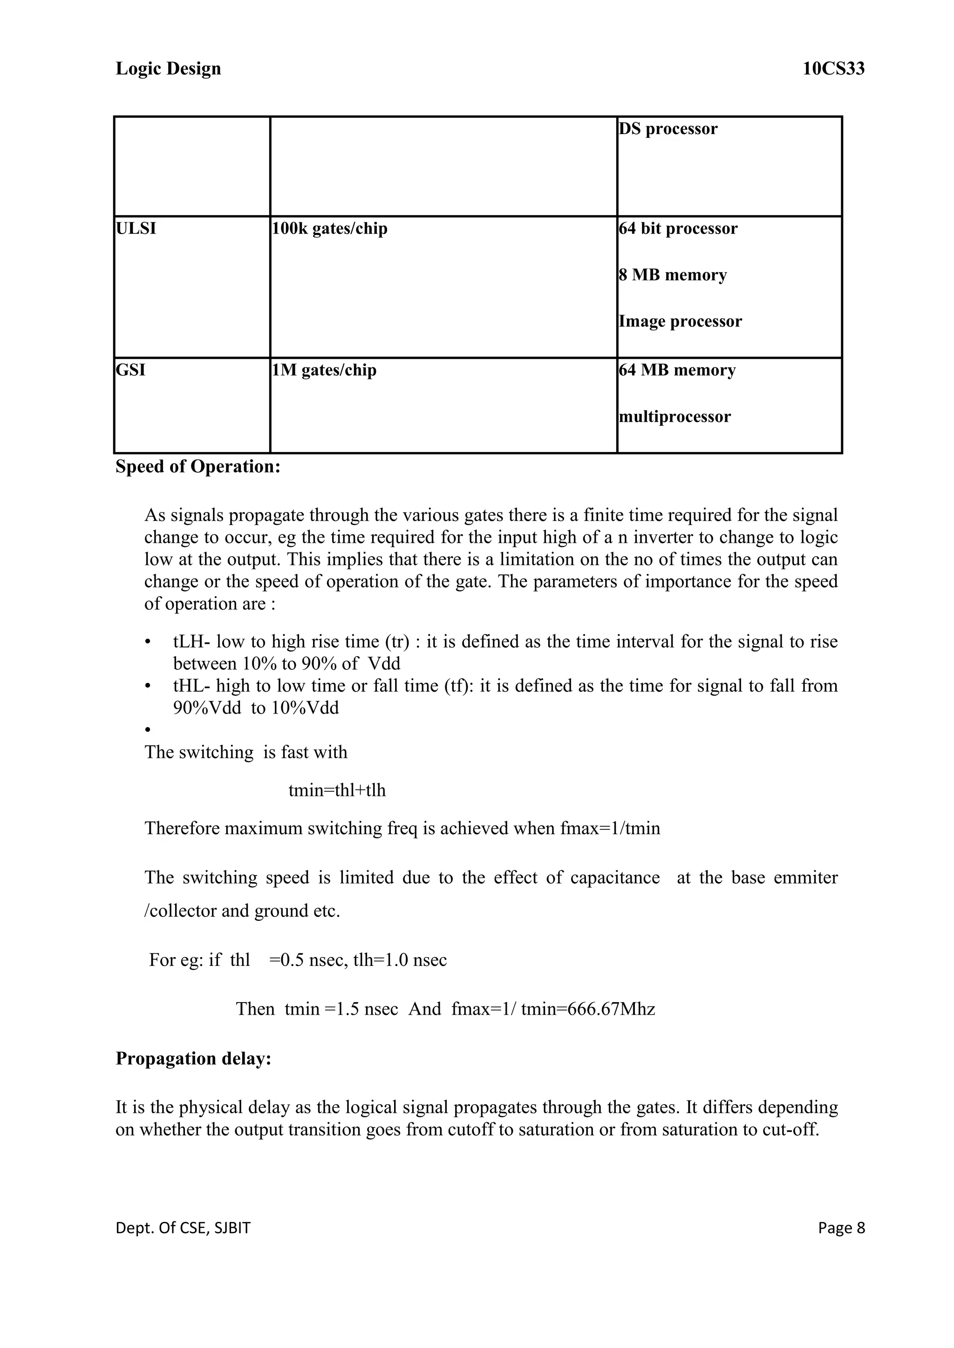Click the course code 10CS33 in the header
pyautogui.click(x=833, y=69)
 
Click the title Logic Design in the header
pyautogui.click(x=168, y=69)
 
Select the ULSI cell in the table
pyautogui.click(x=136, y=229)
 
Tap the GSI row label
pyautogui.click(x=130, y=370)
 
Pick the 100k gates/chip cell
pyautogui.click(x=329, y=229)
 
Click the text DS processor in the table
pyautogui.click(x=668, y=128)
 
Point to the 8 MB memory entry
pyautogui.click(x=673, y=275)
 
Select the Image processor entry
pyautogui.click(x=680, y=321)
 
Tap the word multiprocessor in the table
pyautogui.click(x=675, y=417)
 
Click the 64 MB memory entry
pyautogui.click(x=677, y=370)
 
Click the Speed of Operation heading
pyautogui.click(x=198, y=467)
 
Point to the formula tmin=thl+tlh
pyautogui.click(x=337, y=790)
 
